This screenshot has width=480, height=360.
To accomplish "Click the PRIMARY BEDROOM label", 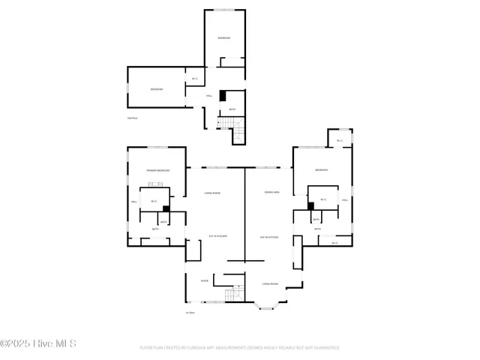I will coord(157,171).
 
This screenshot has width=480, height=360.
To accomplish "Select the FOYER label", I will coord(204,281).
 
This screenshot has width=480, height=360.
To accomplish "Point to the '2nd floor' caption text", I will coord(132,117).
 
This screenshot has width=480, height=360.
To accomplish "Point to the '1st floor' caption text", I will coord(190,313).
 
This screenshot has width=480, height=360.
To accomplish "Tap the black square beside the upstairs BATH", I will coord(222,96).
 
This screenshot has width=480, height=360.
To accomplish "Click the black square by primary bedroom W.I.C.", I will coord(166,209).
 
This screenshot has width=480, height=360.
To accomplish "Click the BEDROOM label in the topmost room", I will coord(224,38).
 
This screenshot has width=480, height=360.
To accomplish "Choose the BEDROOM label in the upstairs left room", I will coord(156,89).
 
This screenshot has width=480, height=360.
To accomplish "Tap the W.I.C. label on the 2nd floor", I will coord(195,79).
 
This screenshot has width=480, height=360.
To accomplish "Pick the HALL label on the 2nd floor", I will coord(210,96).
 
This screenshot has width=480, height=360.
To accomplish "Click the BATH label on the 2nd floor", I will coord(232,109).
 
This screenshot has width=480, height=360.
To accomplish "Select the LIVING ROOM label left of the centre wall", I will coord(212,193).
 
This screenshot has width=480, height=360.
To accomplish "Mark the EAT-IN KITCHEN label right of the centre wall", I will coord(269,237).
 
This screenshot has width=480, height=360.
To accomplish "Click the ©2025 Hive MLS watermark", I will coord(39,344).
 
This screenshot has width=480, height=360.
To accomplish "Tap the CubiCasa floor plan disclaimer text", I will coord(239,348).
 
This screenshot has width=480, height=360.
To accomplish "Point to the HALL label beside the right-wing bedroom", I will coord(345,200).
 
